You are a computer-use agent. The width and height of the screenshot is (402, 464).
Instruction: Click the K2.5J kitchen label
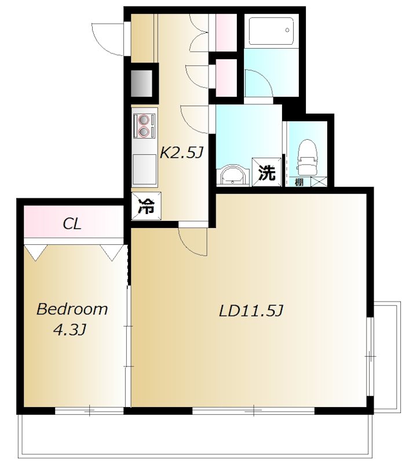tap(181, 153)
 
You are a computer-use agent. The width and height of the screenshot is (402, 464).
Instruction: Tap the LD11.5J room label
tap(251, 311)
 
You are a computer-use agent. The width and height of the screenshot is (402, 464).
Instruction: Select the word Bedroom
tap(72, 309)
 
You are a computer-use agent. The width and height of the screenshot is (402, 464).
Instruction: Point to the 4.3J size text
tap(70, 329)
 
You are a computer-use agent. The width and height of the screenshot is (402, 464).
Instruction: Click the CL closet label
tap(72, 224)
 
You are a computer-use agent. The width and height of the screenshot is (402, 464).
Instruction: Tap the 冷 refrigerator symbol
tap(147, 206)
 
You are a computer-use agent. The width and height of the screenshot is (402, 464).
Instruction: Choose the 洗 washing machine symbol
tap(266, 172)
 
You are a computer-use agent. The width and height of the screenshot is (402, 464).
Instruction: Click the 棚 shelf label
tap(299, 182)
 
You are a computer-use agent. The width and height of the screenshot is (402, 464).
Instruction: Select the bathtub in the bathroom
tap(271, 31)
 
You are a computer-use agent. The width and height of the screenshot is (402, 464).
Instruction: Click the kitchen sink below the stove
tap(144, 169)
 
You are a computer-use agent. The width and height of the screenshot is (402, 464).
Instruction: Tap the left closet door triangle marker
tap(36, 252)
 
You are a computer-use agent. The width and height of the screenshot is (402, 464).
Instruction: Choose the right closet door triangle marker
tap(112, 252)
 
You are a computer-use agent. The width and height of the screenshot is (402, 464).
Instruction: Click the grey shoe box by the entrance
tap(141, 84)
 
